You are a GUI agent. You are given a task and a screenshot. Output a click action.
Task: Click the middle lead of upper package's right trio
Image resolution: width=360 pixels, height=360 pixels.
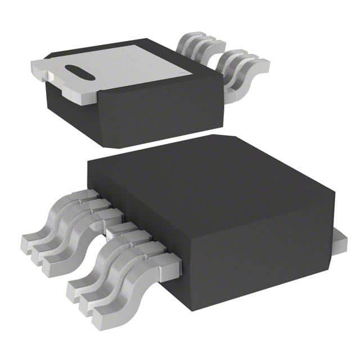coord(239,67)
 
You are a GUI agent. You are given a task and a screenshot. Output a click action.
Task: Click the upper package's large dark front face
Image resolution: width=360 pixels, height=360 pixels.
coord(157,110)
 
